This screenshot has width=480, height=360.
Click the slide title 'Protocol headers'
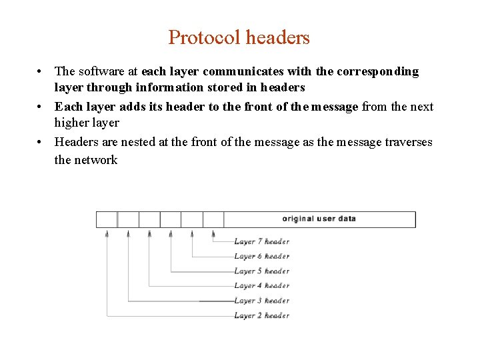pyautogui.click(x=239, y=37)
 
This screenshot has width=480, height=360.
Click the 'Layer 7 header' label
pyautogui.click(x=261, y=241)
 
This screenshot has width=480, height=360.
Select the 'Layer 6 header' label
pyautogui.click(x=261, y=256)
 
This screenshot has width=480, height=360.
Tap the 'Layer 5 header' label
pyautogui.click(x=261, y=271)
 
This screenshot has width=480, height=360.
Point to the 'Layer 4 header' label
pyautogui.click(x=261, y=286)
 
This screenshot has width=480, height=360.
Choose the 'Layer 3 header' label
pyautogui.click(x=261, y=301)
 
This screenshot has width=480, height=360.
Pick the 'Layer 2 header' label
pyautogui.click(x=261, y=315)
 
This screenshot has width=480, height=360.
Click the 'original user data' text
pyautogui.click(x=319, y=219)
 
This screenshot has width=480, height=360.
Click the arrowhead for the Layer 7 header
pyautogui.click(x=213, y=233)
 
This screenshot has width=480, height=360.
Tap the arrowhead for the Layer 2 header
pyautogui.click(x=107, y=233)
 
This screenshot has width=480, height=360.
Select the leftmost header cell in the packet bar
pyautogui.click(x=107, y=219)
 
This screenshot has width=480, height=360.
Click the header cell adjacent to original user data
pyautogui.click(x=213, y=219)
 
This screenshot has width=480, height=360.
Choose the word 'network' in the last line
pyautogui.click(x=96, y=160)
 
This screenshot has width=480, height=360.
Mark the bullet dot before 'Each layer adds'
pyautogui.click(x=41, y=107)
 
